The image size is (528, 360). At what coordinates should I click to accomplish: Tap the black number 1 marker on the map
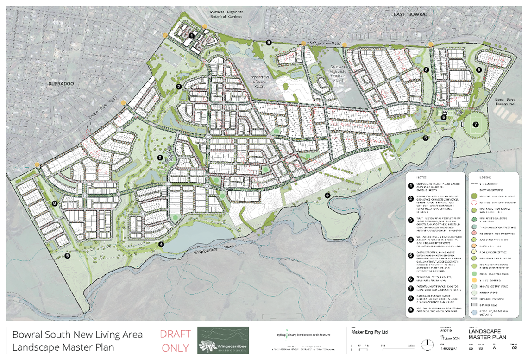[x=192, y=35]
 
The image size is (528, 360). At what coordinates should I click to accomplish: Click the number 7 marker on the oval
[x=475, y=124]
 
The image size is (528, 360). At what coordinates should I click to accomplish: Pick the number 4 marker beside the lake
[x=161, y=244]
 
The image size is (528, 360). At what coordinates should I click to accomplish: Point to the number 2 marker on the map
[x=178, y=86]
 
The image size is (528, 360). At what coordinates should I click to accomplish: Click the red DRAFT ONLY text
[x=175, y=341]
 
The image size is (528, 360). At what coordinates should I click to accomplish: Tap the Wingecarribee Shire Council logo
[x=223, y=341]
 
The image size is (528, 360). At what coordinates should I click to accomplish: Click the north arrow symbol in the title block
[x=427, y=345]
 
